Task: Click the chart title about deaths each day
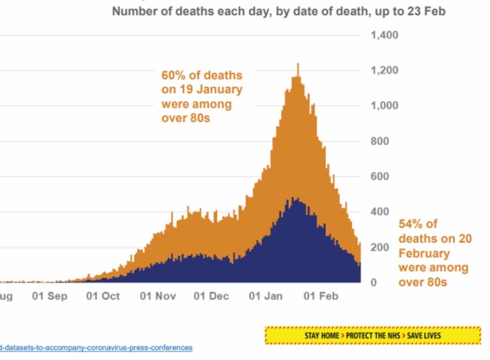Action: (279, 12)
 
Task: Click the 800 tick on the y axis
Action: (380, 141)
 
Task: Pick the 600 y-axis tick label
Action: (380, 176)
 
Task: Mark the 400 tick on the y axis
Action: (380, 212)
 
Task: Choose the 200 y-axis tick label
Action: (380, 248)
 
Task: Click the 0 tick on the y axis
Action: (374, 283)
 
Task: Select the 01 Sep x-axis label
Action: (49, 296)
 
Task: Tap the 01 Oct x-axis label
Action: (103, 296)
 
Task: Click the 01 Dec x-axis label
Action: (210, 296)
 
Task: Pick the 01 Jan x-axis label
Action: (265, 296)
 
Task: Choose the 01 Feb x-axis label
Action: (319, 296)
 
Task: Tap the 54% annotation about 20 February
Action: (434, 253)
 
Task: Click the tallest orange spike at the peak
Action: (298, 65)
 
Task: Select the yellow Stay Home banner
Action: (372, 335)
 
